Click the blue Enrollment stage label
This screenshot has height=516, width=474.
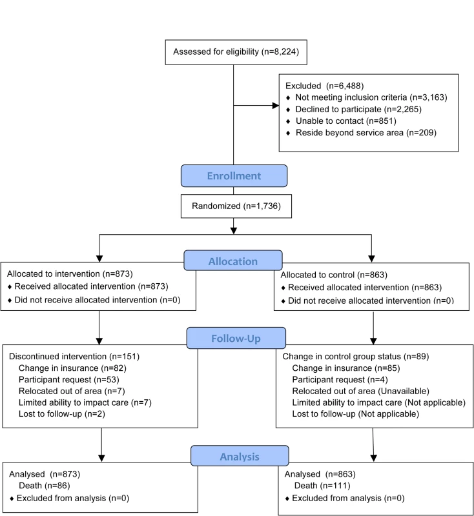[234, 175]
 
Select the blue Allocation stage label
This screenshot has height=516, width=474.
[233, 261]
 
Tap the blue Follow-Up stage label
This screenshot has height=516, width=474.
[236, 338]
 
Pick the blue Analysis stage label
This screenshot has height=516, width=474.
[240, 456]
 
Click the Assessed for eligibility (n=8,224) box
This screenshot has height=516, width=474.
[236, 52]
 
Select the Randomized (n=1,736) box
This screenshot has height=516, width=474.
[236, 206]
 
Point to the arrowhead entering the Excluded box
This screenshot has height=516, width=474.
[275, 105]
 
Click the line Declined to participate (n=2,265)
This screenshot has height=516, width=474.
[358, 109]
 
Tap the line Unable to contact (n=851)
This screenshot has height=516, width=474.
[346, 121]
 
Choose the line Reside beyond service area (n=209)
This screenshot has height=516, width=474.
[366, 133]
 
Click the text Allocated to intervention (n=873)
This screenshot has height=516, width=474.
[70, 273]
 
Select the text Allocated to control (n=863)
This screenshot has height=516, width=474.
[334, 275]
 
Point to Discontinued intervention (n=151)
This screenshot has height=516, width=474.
[74, 357]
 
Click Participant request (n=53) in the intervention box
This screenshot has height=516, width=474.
[69, 379]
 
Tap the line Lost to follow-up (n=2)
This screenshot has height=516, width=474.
[62, 413]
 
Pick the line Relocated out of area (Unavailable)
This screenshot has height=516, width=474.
[361, 391]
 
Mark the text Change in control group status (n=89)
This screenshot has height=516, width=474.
[356, 357]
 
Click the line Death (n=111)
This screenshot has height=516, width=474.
[322, 486]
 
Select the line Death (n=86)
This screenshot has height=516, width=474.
[45, 486]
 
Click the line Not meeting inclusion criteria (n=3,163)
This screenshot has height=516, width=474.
[371, 97]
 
